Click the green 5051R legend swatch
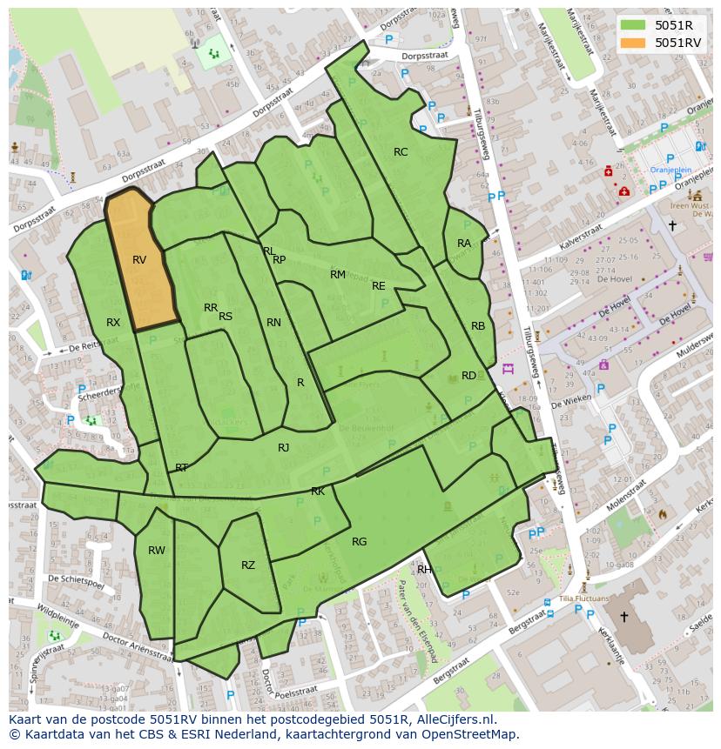pyautogui.click(x=633, y=25)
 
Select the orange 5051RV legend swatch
pyautogui.click(x=633, y=43)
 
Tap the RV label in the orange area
pyautogui.click(x=139, y=260)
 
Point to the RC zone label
pyautogui.click(x=401, y=152)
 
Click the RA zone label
pyautogui.click(x=464, y=244)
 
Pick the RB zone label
pyautogui.click(x=478, y=326)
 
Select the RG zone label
pyautogui.click(x=359, y=542)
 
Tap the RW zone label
pyautogui.click(x=156, y=551)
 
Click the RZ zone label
pyautogui.click(x=248, y=565)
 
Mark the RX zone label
pyautogui.click(x=113, y=323)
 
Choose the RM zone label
pyautogui.click(x=338, y=275)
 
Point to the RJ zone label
pyautogui.click(x=283, y=448)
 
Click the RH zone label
pyautogui.click(x=424, y=570)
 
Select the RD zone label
pyautogui.click(x=468, y=376)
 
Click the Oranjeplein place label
pyautogui.click(x=670, y=171)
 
